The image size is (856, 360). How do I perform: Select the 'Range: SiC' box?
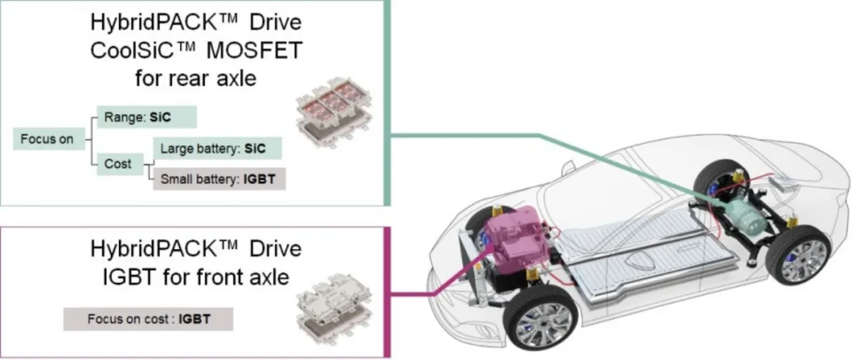pyautogui.click(x=146, y=116)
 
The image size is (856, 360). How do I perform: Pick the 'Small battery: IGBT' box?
pyautogui.click(x=217, y=179)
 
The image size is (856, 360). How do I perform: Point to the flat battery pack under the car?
pyautogui.click(x=634, y=262)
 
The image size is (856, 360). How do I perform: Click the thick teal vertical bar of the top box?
pyautogui.click(x=388, y=103)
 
